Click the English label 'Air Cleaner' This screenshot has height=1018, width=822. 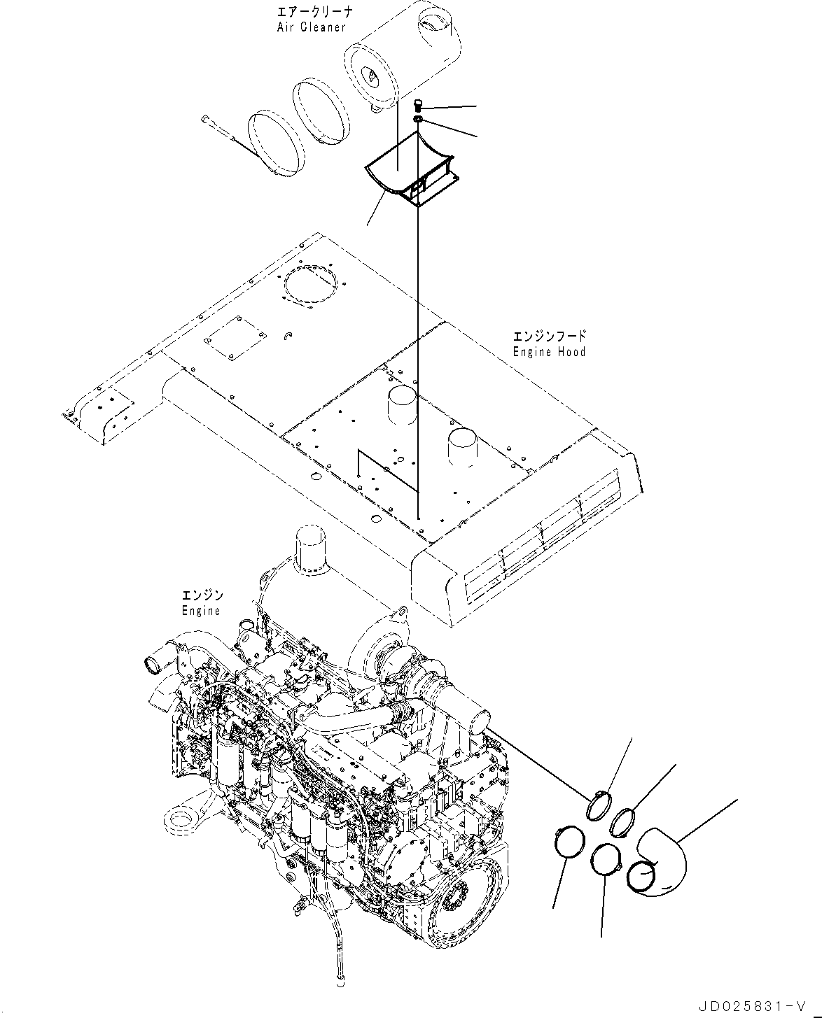pos(311,27)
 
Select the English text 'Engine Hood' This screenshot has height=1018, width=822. pos(549,351)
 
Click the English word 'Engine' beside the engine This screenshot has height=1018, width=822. pos(201,610)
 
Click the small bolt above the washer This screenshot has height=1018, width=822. pos(419,106)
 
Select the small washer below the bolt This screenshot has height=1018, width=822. pos(418,121)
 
